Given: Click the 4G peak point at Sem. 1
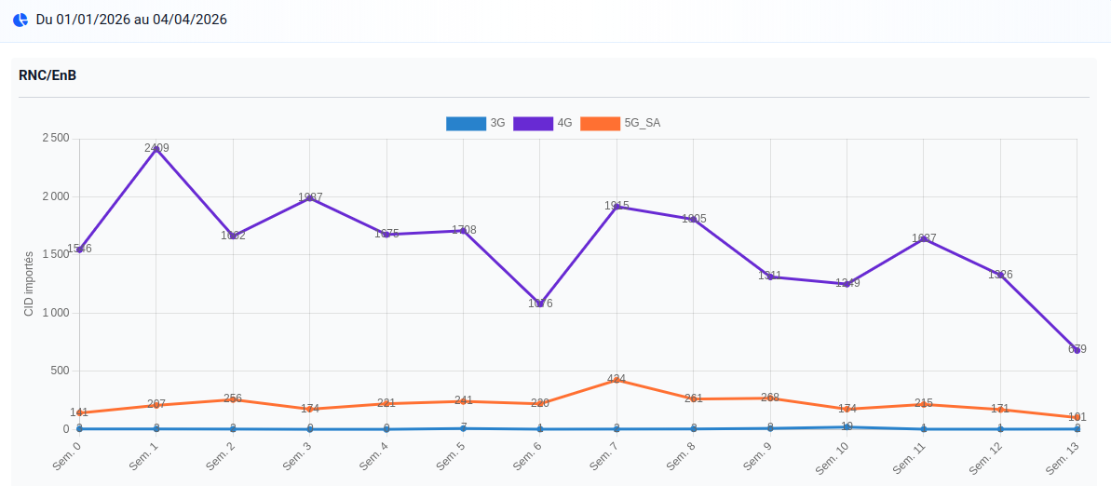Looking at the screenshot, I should (x=156, y=149).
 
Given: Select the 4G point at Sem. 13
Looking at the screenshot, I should (x=1077, y=350).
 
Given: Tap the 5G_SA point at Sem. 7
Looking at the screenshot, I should (x=616, y=380).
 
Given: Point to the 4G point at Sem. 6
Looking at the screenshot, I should (x=540, y=304).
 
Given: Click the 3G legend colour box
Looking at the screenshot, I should (x=466, y=123).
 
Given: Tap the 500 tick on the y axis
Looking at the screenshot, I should (x=61, y=371).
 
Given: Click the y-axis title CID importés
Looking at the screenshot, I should (x=29, y=284).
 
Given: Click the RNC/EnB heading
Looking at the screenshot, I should (x=47, y=75).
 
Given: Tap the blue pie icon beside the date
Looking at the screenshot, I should (x=20, y=20).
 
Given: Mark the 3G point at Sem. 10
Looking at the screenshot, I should (x=847, y=427).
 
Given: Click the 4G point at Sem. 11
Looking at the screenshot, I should (x=923, y=239).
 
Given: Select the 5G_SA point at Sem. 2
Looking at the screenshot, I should (x=233, y=399).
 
